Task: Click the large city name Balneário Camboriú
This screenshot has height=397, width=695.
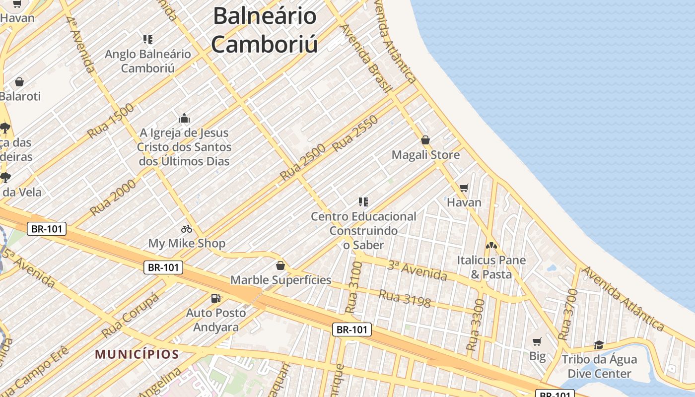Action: [x=264, y=30]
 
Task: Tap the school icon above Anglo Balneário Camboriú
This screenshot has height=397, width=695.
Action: [x=147, y=39]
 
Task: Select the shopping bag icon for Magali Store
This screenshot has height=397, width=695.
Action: [x=425, y=140]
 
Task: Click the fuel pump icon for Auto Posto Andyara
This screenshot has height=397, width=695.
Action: [x=216, y=298]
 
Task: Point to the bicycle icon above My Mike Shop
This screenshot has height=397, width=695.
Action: [x=187, y=229]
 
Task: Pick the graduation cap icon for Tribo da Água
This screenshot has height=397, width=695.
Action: [x=599, y=345]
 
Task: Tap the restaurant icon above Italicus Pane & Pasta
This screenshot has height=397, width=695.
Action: [x=491, y=245]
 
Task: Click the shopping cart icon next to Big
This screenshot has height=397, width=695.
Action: [x=537, y=341]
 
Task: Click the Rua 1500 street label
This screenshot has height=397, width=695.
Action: [x=111, y=121]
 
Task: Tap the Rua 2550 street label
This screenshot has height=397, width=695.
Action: [x=355, y=133]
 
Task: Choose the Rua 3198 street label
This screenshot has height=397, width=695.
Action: [x=405, y=298]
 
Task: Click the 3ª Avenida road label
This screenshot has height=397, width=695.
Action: [x=417, y=270]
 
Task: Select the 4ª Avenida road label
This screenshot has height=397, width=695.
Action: [x=80, y=45]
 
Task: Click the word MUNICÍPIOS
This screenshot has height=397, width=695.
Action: [x=137, y=354]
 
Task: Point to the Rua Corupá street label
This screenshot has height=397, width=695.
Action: [x=130, y=315]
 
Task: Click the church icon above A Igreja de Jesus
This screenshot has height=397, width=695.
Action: [x=184, y=118]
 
